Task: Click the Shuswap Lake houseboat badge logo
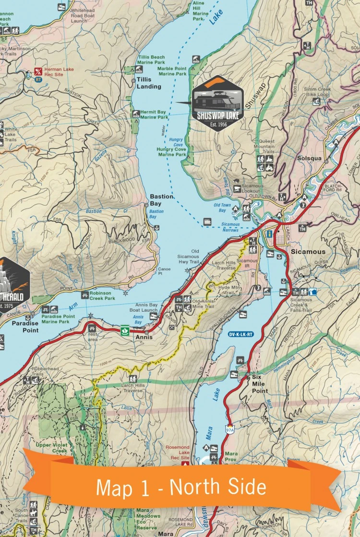(x=217, y=103)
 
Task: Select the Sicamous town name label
(x=307, y=252)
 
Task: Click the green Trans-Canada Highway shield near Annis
(x=124, y=330)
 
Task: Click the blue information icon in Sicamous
(x=270, y=233)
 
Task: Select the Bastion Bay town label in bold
(x=161, y=200)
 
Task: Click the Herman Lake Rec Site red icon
(x=38, y=72)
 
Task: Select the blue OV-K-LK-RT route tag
(x=240, y=334)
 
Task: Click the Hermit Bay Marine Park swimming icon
(x=136, y=114)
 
